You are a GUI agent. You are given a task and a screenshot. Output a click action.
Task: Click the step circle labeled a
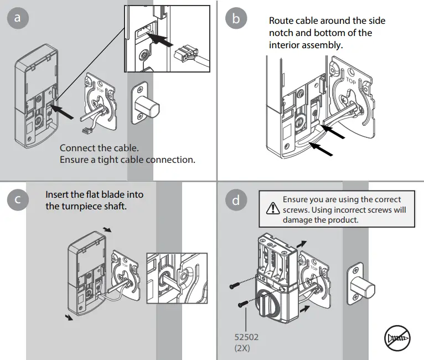click(x=18, y=18)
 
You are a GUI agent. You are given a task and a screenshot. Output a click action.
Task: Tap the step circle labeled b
click(x=237, y=18)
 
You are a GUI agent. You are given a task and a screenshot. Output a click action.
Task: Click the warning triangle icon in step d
click(x=272, y=209)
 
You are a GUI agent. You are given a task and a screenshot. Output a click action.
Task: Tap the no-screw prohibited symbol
click(x=397, y=337)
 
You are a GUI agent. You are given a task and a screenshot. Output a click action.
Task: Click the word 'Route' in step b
click(x=281, y=21)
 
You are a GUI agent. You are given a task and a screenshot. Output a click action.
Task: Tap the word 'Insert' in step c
click(x=58, y=195)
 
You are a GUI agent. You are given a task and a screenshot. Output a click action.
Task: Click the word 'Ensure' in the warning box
click(x=296, y=199)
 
